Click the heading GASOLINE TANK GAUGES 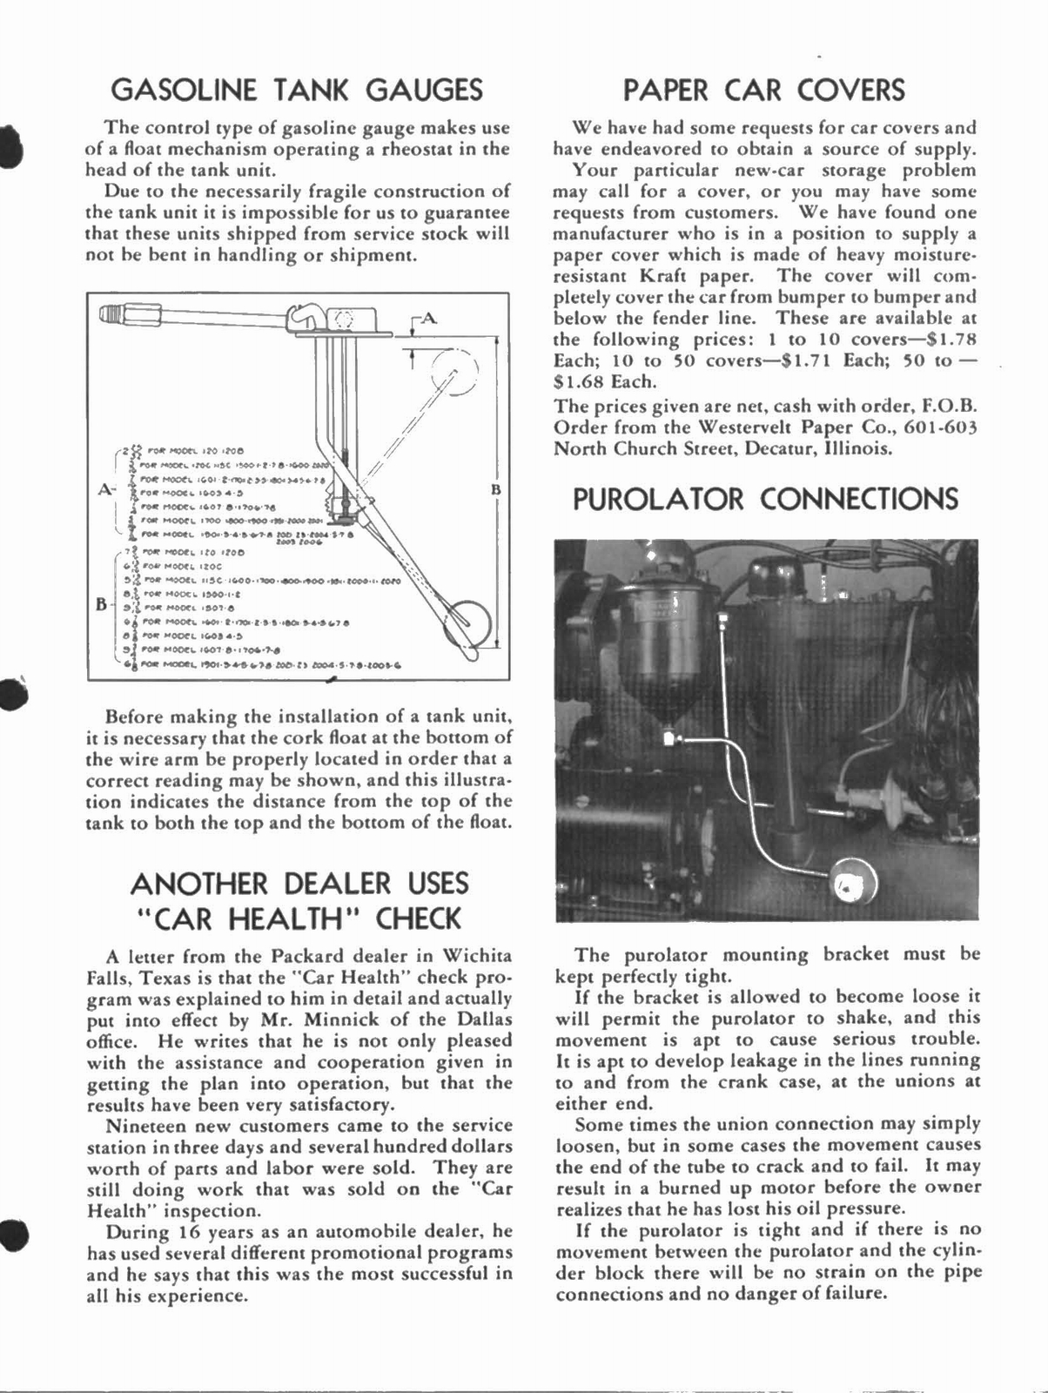pos(298,90)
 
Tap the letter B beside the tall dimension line pos(496,490)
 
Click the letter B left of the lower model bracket pos(101,602)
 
